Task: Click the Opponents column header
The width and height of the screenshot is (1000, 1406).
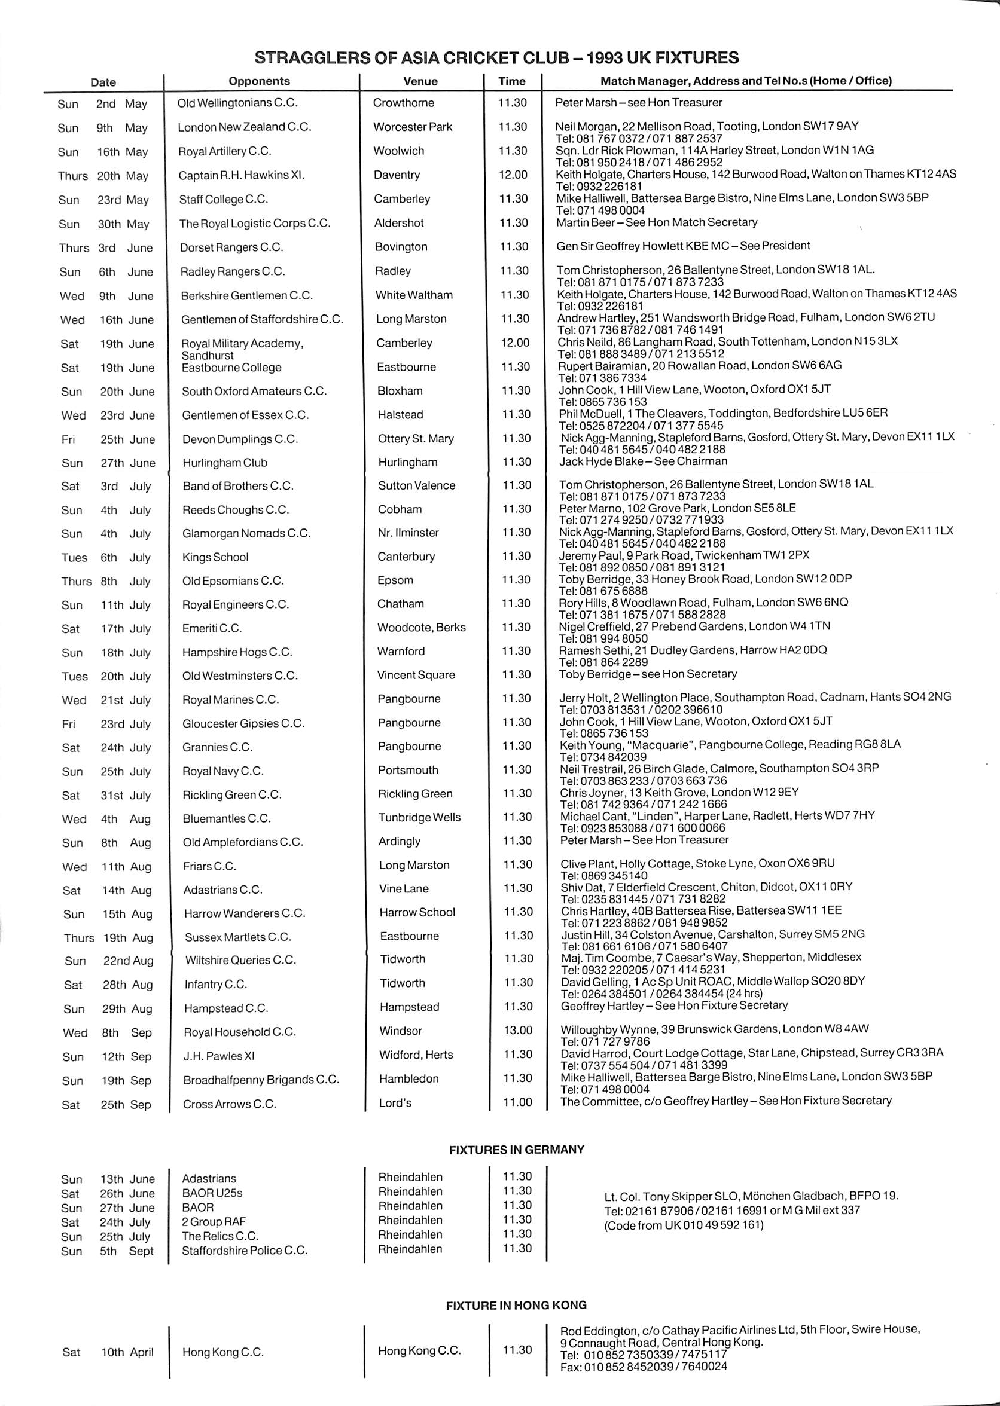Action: point(259,81)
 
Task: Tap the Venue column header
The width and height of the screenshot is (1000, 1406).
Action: point(420,81)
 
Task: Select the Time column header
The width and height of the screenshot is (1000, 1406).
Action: point(512,81)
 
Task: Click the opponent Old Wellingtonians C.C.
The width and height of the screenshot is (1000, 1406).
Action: point(237,103)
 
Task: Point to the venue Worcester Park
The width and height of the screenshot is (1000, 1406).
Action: point(413,127)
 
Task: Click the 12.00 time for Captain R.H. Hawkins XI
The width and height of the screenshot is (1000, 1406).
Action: point(513,175)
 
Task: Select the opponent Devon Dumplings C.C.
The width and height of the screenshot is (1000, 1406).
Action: point(239,439)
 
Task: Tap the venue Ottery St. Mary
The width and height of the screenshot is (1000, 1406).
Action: point(416,439)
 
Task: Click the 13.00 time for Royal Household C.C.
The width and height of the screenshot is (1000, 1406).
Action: point(517,1030)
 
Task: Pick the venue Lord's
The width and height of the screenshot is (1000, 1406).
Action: point(395,1103)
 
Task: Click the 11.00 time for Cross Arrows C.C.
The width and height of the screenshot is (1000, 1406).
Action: point(517,1102)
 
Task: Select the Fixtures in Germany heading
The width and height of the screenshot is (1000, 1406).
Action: point(516,1150)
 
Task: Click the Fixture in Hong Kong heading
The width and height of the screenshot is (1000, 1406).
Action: point(516,1305)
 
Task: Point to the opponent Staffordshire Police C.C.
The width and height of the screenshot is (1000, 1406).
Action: point(245,1251)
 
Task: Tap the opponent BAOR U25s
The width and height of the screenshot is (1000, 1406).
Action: point(212,1193)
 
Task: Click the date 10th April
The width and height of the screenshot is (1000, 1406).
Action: point(127,1352)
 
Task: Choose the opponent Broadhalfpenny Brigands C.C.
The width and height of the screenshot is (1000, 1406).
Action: point(261,1079)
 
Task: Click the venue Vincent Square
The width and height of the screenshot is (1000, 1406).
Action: point(416,675)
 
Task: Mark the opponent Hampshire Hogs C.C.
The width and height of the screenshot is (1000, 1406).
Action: point(237,652)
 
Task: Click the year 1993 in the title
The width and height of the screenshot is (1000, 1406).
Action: point(607,58)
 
